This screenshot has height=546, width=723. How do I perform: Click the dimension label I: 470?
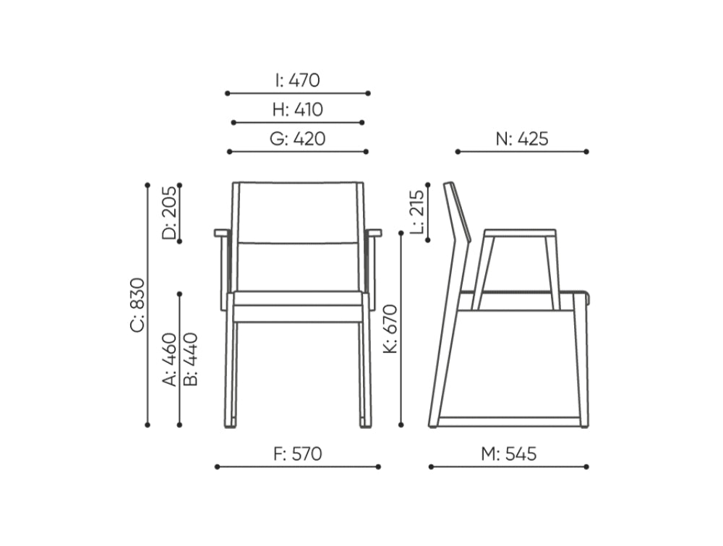click(297, 80)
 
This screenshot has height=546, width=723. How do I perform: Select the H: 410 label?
click(297, 110)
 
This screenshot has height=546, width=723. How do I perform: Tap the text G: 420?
click(297, 139)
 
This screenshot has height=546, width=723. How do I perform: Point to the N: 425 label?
click(522, 139)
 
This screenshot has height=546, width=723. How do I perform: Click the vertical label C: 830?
click(137, 305)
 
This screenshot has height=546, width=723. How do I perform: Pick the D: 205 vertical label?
click(168, 213)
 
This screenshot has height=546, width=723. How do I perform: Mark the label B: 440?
click(190, 359)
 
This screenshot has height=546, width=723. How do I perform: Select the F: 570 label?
click(297, 454)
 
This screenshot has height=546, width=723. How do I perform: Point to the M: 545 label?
click(509, 454)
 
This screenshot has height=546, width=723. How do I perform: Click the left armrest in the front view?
click(221, 233)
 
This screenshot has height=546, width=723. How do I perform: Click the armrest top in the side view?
click(520, 234)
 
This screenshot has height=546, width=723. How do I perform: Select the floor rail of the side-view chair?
click(510, 422)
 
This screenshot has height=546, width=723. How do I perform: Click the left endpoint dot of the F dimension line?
click(216, 467)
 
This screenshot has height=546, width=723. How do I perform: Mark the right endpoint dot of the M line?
click(586, 467)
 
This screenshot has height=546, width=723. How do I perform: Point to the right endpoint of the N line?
click(586, 152)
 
